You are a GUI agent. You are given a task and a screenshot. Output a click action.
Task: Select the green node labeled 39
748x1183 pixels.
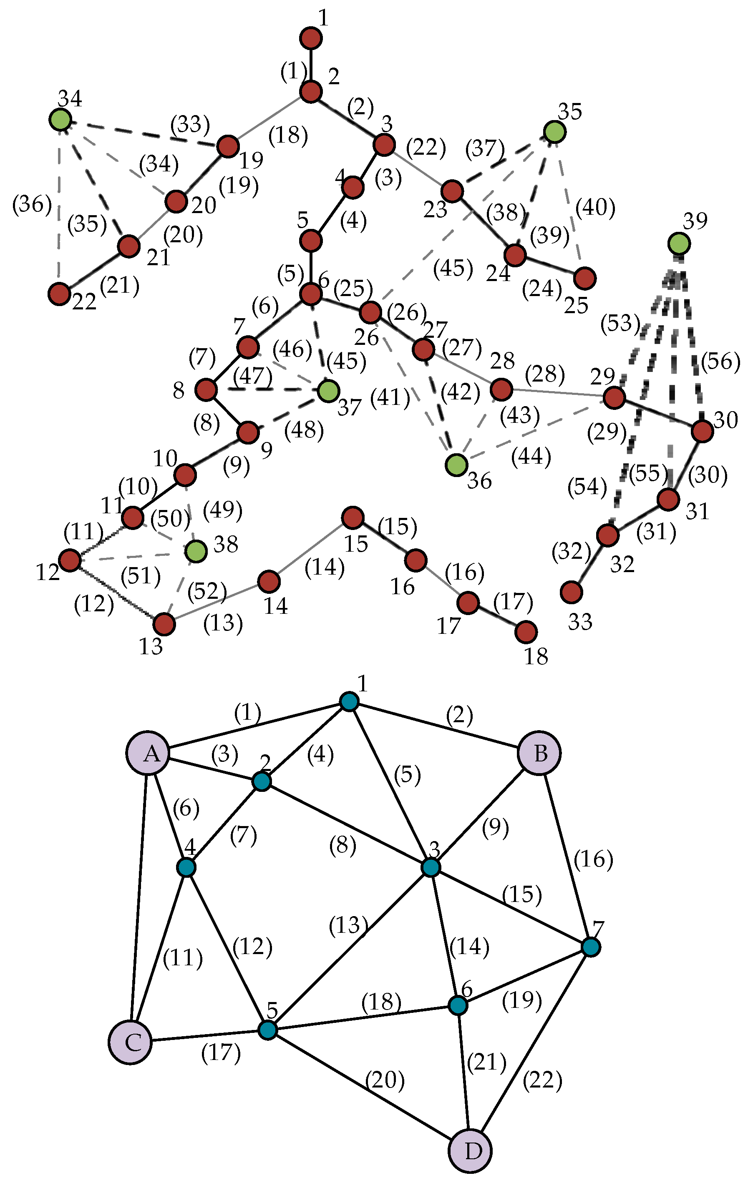pos(679,243)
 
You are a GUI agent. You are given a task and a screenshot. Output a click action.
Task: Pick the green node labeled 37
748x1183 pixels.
pos(328,391)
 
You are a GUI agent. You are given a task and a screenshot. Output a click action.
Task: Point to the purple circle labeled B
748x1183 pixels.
pos(539,753)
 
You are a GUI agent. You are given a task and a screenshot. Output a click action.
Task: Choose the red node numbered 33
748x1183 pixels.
pos(572,592)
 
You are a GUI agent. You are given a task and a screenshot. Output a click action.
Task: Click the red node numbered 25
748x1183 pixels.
pos(585,278)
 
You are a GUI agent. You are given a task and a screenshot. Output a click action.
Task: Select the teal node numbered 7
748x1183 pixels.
pos(591,947)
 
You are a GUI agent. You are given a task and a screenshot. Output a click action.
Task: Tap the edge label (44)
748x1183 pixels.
pos(531,457)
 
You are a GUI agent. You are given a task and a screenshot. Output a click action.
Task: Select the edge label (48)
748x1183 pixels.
pos(304,430)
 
